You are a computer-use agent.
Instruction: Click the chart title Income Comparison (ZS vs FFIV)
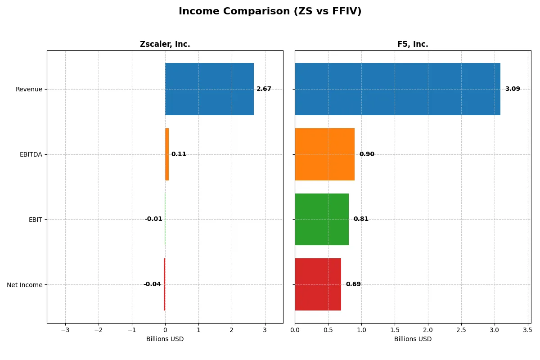point(270,11)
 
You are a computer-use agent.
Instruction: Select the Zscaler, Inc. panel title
point(165,44)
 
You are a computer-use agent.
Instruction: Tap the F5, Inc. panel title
point(413,44)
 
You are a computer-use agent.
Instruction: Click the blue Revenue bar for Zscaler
point(209,89)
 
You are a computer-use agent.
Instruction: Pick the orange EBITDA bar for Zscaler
point(167,154)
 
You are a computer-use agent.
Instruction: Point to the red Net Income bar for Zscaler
point(164,284)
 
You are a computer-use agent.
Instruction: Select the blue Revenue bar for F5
point(397,89)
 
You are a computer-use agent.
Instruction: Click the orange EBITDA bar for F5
point(324,154)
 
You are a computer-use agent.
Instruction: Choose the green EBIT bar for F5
point(322,219)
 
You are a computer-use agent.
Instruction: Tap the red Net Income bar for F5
point(318,284)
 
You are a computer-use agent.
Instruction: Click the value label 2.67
point(264,89)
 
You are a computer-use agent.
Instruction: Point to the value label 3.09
point(512,89)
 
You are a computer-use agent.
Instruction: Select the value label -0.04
point(152,284)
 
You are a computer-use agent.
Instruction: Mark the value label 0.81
point(360,219)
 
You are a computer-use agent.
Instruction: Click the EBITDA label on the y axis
point(31,154)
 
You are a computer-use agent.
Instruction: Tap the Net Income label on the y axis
point(25,285)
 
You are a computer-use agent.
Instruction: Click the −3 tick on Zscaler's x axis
point(65,330)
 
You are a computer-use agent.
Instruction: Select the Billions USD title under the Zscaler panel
point(165,339)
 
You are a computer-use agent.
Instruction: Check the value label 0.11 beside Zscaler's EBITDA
point(179,154)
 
